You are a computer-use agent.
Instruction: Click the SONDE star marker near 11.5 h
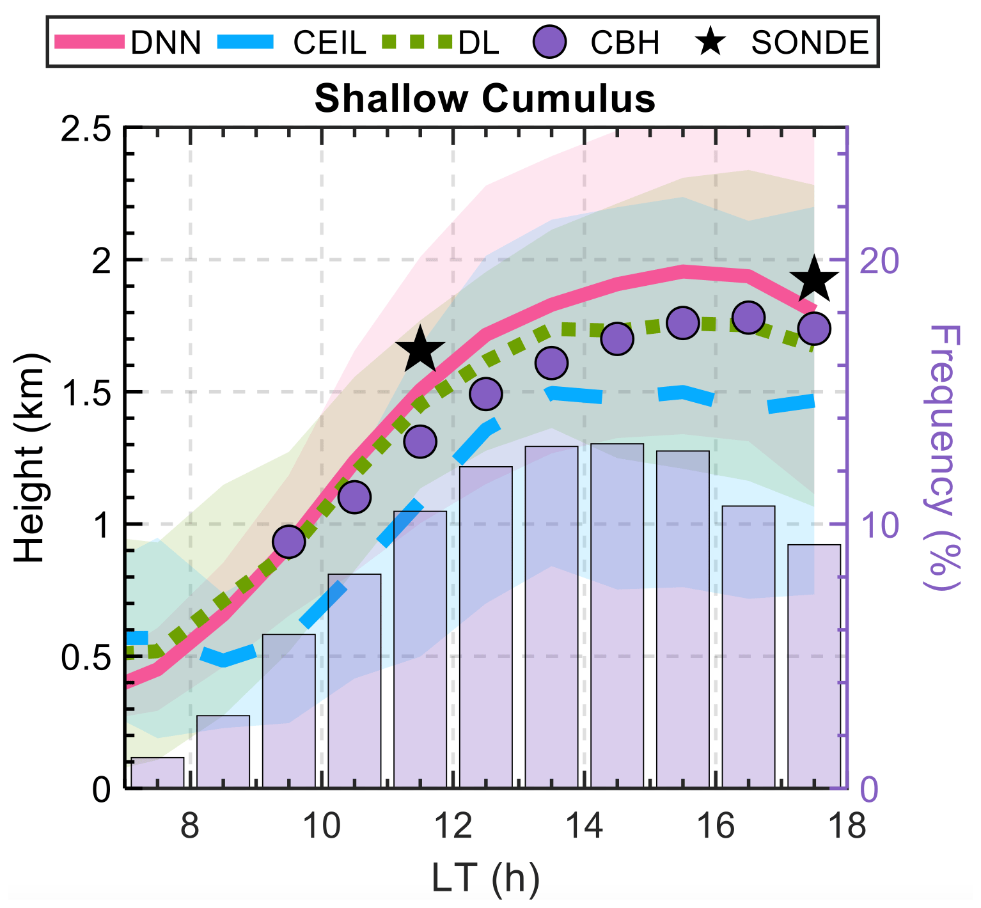[x=420, y=350]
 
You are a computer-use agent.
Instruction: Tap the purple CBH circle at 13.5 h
[x=551, y=363]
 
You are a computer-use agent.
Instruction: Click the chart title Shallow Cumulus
[x=485, y=100]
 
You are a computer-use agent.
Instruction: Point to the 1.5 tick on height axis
[x=85, y=392]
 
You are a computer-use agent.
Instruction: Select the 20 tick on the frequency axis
[x=879, y=260]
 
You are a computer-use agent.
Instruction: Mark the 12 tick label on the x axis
[x=453, y=826]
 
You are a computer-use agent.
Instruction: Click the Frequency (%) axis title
[x=944, y=458]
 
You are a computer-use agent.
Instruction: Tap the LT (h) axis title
[x=485, y=878]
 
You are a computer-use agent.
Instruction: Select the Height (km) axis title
[x=30, y=458]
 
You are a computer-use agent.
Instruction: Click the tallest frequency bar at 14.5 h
[x=617, y=614]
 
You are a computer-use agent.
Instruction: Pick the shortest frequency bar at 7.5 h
[x=157, y=772]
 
